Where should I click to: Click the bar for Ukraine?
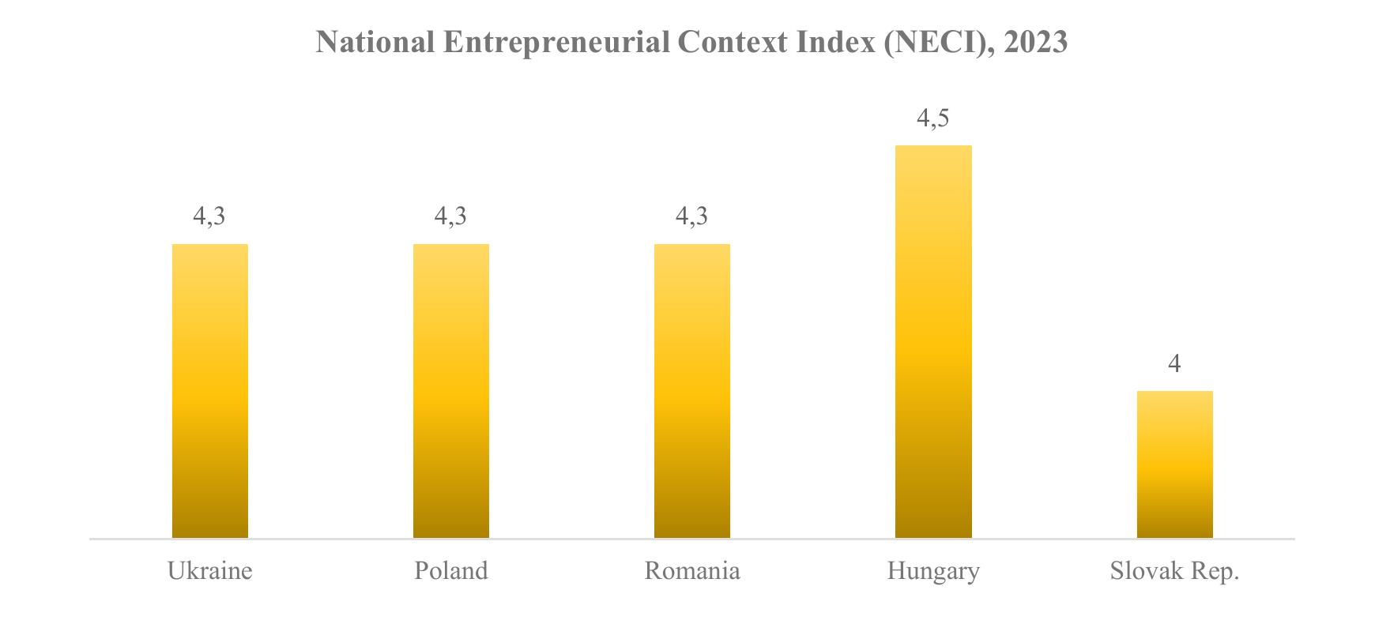pos(210,391)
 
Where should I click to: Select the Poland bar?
pos(451,391)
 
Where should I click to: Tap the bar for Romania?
pos(692,391)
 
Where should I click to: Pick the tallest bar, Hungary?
pos(933,342)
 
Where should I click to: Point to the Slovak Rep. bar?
pos(1175,464)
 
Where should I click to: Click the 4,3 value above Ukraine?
pos(209,216)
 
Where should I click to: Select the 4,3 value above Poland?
pos(450,216)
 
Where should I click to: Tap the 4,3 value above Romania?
pos(691,216)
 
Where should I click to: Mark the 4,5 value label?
pos(932,118)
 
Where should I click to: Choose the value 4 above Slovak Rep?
pos(1175,363)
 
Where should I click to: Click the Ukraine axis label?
pos(210,571)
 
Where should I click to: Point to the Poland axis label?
pos(451,571)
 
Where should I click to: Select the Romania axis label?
pos(692,571)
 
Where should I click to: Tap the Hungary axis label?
pos(933,572)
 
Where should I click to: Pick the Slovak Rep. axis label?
pos(1175,572)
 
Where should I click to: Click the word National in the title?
pos(375,42)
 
